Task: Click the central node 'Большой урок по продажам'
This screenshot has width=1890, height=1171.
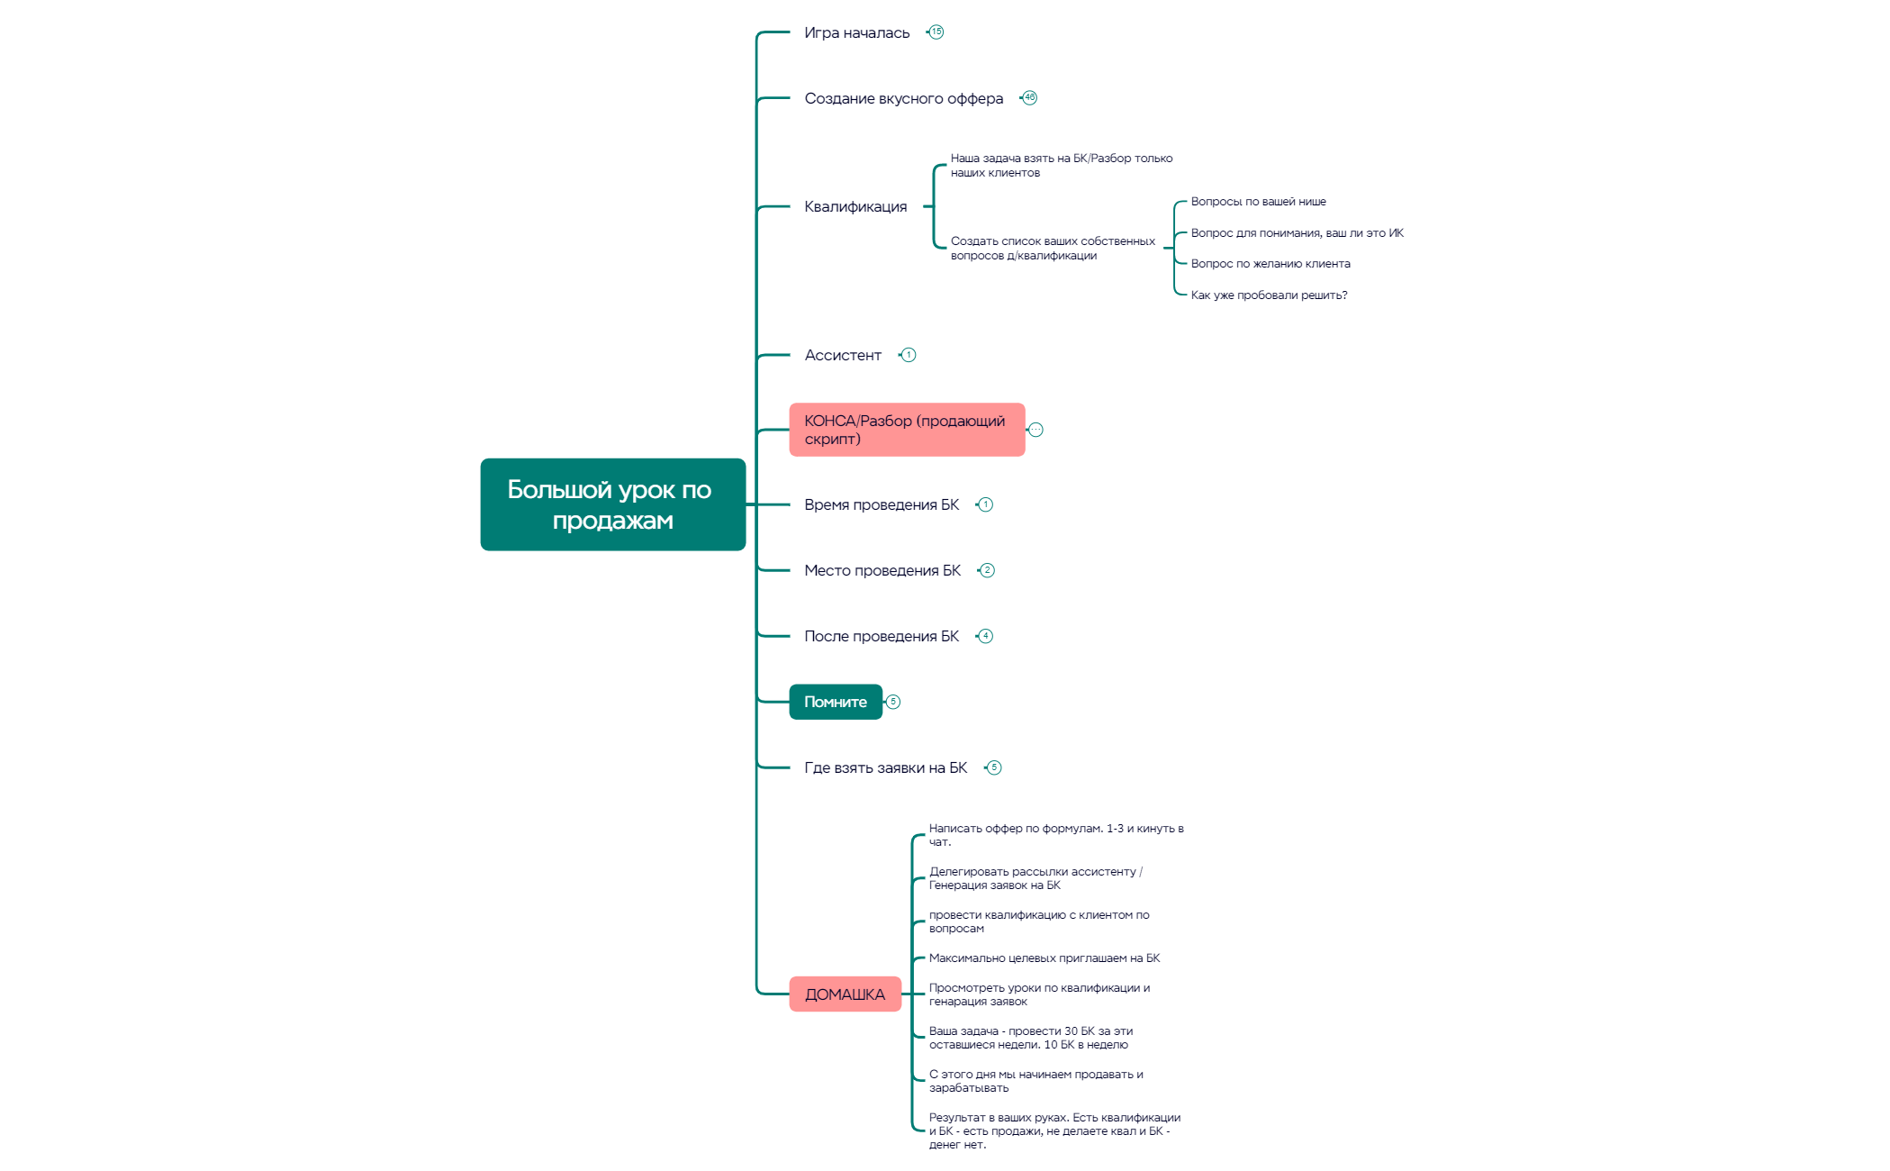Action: point(612,504)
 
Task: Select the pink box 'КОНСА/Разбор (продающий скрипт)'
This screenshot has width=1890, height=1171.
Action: point(906,430)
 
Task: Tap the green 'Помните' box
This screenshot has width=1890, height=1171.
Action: point(835,702)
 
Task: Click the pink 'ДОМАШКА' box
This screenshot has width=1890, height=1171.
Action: point(845,994)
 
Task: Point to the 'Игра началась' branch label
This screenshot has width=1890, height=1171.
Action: point(856,33)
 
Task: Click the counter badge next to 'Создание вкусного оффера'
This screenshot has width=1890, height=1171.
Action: point(1030,97)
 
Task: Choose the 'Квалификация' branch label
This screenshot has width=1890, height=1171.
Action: point(855,207)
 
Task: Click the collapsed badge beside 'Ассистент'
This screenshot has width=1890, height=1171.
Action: point(909,355)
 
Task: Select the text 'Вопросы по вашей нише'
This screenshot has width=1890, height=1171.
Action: point(1258,202)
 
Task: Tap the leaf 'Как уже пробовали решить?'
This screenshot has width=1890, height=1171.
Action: point(1268,295)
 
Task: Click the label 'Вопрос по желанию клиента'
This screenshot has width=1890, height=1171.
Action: point(1270,264)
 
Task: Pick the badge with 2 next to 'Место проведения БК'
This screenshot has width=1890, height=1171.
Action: point(988,570)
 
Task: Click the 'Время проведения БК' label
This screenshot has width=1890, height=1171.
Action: point(881,505)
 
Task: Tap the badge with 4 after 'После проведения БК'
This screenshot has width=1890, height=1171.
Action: point(986,636)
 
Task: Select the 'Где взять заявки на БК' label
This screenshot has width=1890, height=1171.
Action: point(885,768)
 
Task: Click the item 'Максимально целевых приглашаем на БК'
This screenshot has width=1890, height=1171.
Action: point(1044,958)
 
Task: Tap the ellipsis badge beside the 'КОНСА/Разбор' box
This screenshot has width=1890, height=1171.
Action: point(1036,430)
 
